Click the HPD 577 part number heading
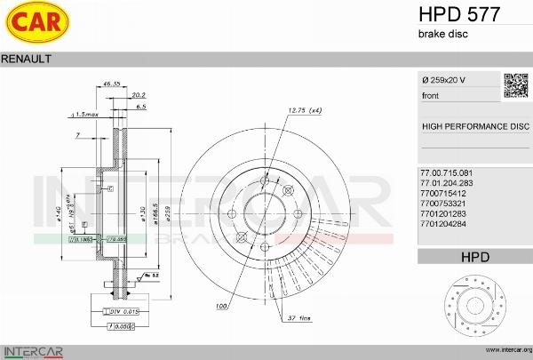(x=458, y=14)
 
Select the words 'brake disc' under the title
(x=442, y=34)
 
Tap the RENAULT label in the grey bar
(x=27, y=59)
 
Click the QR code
(x=516, y=85)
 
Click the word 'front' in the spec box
(x=430, y=95)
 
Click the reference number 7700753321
(x=442, y=204)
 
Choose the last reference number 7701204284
(x=442, y=236)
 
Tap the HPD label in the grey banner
(x=475, y=258)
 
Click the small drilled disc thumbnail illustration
(x=475, y=307)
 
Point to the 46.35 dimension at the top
(x=112, y=83)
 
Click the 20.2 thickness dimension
(x=138, y=93)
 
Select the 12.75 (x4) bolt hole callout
(x=305, y=110)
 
